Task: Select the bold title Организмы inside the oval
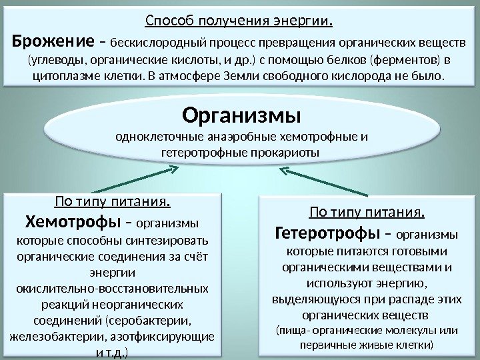tap(242, 117)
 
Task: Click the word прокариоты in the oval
tap(287, 153)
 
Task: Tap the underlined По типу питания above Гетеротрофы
tap(367, 213)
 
